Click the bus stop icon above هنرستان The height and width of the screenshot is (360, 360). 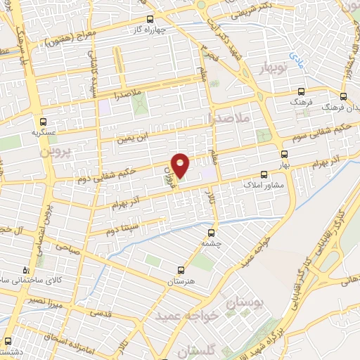click(181, 269)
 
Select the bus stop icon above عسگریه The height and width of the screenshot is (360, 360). click(43, 120)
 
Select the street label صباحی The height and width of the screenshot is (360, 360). click(68, 248)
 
